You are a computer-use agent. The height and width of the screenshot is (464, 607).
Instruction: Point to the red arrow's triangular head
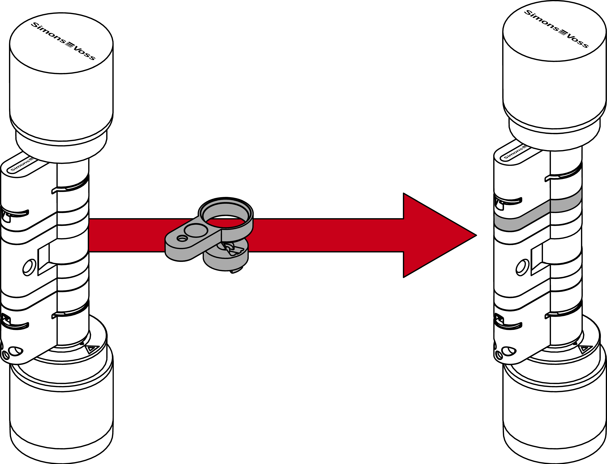[x=437, y=235]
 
